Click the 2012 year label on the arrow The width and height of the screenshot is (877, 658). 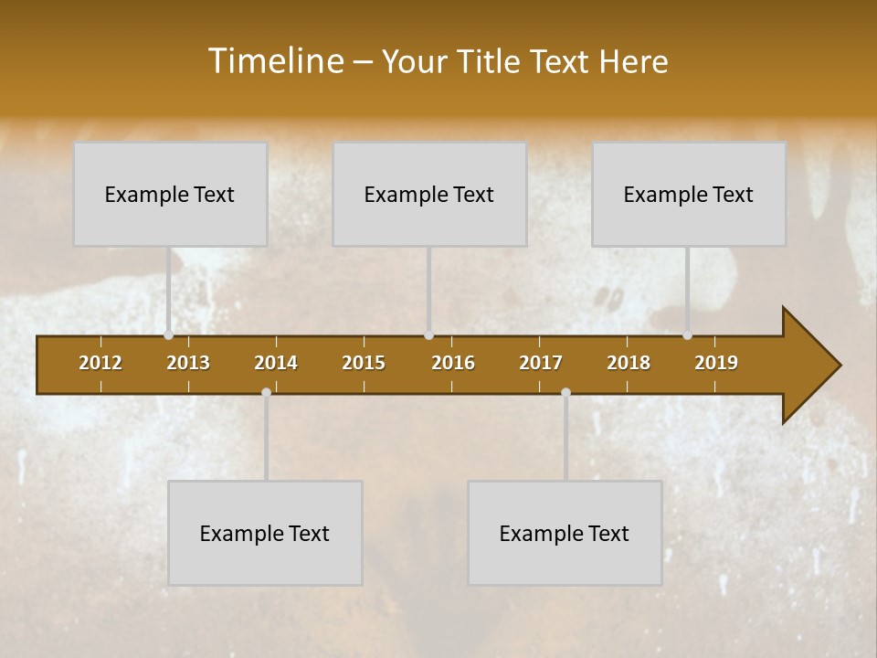click(100, 363)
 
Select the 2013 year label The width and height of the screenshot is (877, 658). click(188, 363)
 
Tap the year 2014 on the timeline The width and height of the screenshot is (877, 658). click(276, 363)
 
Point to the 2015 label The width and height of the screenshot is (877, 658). click(364, 363)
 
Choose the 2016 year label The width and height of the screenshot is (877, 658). click(453, 363)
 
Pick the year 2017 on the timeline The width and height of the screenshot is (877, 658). click(541, 363)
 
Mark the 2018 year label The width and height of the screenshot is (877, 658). click(629, 363)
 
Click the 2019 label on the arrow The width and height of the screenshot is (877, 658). click(716, 363)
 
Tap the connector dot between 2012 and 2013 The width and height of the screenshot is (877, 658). click(168, 335)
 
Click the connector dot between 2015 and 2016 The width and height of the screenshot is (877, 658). click(428, 335)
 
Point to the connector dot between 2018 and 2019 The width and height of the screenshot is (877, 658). click(687, 335)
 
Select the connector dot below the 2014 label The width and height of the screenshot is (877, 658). click(266, 393)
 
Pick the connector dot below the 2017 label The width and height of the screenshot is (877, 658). click(565, 393)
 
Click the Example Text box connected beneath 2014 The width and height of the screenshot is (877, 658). click(265, 533)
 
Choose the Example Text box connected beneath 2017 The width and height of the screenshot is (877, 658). click(565, 533)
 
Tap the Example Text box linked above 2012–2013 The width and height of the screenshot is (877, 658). click(170, 194)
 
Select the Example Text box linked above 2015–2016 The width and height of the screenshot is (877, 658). click(429, 194)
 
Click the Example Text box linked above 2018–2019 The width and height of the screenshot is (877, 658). click(689, 194)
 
